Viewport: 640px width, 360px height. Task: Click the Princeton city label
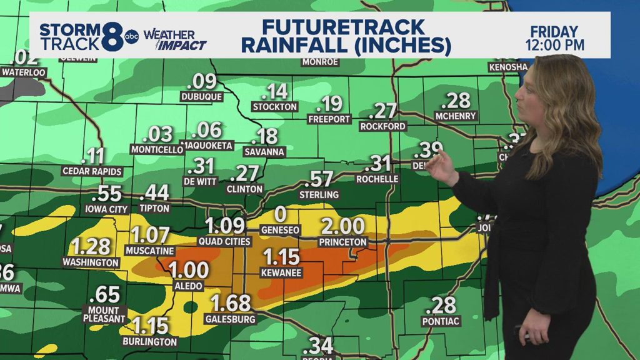point(342,241)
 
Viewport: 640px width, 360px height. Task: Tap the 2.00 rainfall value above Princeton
point(342,226)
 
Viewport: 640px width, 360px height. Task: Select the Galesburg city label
point(230,319)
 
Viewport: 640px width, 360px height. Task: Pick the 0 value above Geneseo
point(281,214)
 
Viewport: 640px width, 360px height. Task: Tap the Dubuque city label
point(201,97)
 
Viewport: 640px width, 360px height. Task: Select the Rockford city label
point(383,126)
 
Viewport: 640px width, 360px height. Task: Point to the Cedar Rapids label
point(92,171)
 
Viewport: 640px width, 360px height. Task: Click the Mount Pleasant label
point(104,314)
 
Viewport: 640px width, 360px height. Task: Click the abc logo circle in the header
point(132,37)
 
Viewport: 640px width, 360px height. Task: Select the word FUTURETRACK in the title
point(343,27)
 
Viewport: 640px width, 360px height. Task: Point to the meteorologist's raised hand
point(442,164)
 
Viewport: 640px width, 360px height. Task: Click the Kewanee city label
point(281,273)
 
